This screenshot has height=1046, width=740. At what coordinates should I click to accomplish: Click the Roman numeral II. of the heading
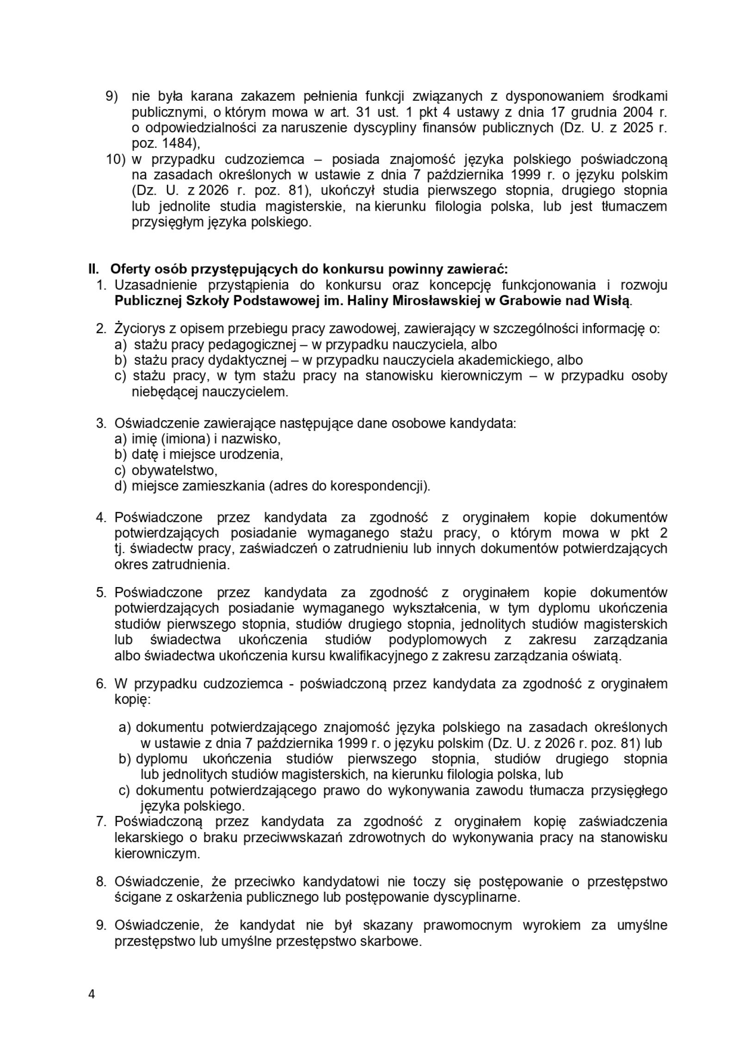coord(94,269)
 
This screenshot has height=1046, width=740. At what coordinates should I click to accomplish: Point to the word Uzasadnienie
coord(156,285)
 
